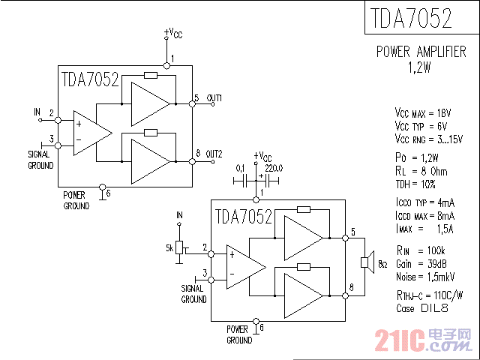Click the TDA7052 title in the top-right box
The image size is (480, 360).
coord(410,19)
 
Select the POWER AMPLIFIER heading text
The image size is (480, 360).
coord(421,52)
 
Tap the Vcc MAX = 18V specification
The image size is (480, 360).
coord(422,112)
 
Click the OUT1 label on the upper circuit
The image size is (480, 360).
coord(214,98)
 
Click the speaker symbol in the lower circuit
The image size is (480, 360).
coord(365,262)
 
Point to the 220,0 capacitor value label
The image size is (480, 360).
coord(273,168)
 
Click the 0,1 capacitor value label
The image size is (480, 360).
coord(241,168)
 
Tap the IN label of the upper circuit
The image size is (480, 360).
coord(37,112)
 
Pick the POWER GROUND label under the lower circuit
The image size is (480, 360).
coord(239,334)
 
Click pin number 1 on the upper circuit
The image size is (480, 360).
coord(172,58)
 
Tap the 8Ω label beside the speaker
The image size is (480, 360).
coord(382,265)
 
